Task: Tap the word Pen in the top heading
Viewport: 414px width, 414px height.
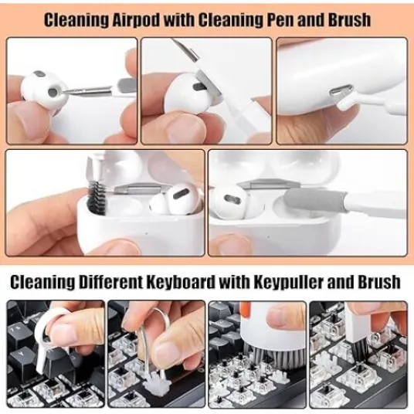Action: pyautogui.click(x=280, y=20)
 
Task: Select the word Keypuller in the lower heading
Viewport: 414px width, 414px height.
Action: pyautogui.click(x=288, y=282)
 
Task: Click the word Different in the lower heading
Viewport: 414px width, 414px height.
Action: pyautogui.click(x=110, y=281)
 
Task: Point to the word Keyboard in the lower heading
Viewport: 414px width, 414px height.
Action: pyautogui.click(x=181, y=282)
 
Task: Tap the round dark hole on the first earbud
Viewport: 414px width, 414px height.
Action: pyautogui.click(x=53, y=92)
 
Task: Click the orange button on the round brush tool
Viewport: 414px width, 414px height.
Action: pyautogui.click(x=245, y=307)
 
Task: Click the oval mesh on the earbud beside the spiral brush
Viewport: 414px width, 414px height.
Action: pyautogui.click(x=182, y=195)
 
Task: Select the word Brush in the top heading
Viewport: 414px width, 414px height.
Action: pyautogui.click(x=349, y=20)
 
